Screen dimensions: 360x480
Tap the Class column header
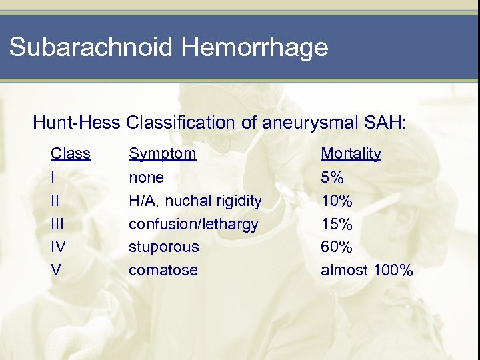[71, 154]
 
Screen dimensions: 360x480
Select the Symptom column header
[163, 154]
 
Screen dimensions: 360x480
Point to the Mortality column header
[351, 154]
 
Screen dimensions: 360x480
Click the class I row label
[53, 177]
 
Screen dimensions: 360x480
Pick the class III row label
[56, 224]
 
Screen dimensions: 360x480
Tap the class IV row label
[58, 247]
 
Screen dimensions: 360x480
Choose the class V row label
[55, 270]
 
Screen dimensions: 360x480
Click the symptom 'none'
[146, 177]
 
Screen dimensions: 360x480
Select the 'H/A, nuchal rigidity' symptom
[195, 201]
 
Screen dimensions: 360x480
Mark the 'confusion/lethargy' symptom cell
[193, 224]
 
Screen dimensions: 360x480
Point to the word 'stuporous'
[164, 247]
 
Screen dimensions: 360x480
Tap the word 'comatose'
[163, 270]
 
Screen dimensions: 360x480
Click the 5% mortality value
[332, 177]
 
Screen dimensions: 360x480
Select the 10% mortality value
[337, 201]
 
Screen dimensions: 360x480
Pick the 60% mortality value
[337, 247]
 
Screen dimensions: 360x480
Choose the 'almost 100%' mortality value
[367, 270]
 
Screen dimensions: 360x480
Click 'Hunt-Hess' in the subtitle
[77, 123]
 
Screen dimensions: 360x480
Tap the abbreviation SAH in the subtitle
[391, 123]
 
